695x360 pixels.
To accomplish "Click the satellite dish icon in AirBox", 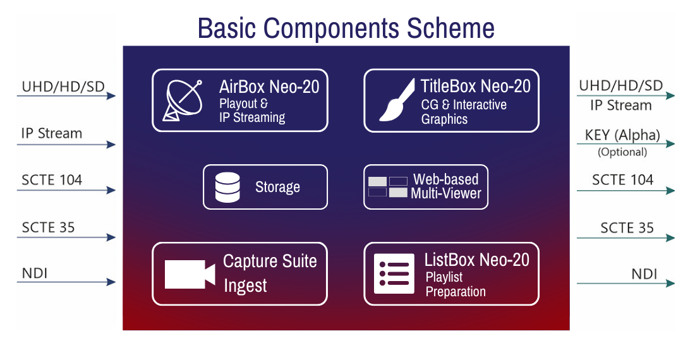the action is pyautogui.click(x=182, y=100).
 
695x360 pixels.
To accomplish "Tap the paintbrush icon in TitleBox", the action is pyautogui.click(x=397, y=100).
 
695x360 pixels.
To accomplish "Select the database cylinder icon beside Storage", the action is pyautogui.click(x=227, y=188).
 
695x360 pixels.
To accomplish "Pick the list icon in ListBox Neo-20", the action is pyautogui.click(x=394, y=273).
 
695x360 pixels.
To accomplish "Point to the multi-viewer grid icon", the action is pyautogui.click(x=388, y=186).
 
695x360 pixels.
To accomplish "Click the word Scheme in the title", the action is pyautogui.click(x=450, y=28).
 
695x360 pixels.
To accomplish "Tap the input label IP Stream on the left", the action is pyautogui.click(x=51, y=133).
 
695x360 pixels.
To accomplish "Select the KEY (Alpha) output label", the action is pyautogui.click(x=622, y=135).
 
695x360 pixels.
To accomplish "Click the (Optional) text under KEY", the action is pyautogui.click(x=622, y=152).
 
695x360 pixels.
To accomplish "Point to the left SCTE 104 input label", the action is pyautogui.click(x=52, y=180).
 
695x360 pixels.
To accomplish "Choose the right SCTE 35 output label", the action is pyautogui.click(x=627, y=227).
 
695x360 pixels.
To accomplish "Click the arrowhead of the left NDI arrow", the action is pyautogui.click(x=111, y=282).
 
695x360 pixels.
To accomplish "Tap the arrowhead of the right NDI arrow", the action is pyautogui.click(x=670, y=284).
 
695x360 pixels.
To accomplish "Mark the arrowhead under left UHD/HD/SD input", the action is pyautogui.click(x=111, y=95).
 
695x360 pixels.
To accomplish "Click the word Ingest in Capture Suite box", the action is pyautogui.click(x=245, y=286).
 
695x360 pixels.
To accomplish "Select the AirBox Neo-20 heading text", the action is pyautogui.click(x=269, y=87).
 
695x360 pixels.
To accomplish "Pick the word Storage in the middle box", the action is pyautogui.click(x=277, y=188).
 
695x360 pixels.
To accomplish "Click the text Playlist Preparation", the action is pyautogui.click(x=455, y=284).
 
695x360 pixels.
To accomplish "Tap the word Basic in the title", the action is pyautogui.click(x=227, y=28).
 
